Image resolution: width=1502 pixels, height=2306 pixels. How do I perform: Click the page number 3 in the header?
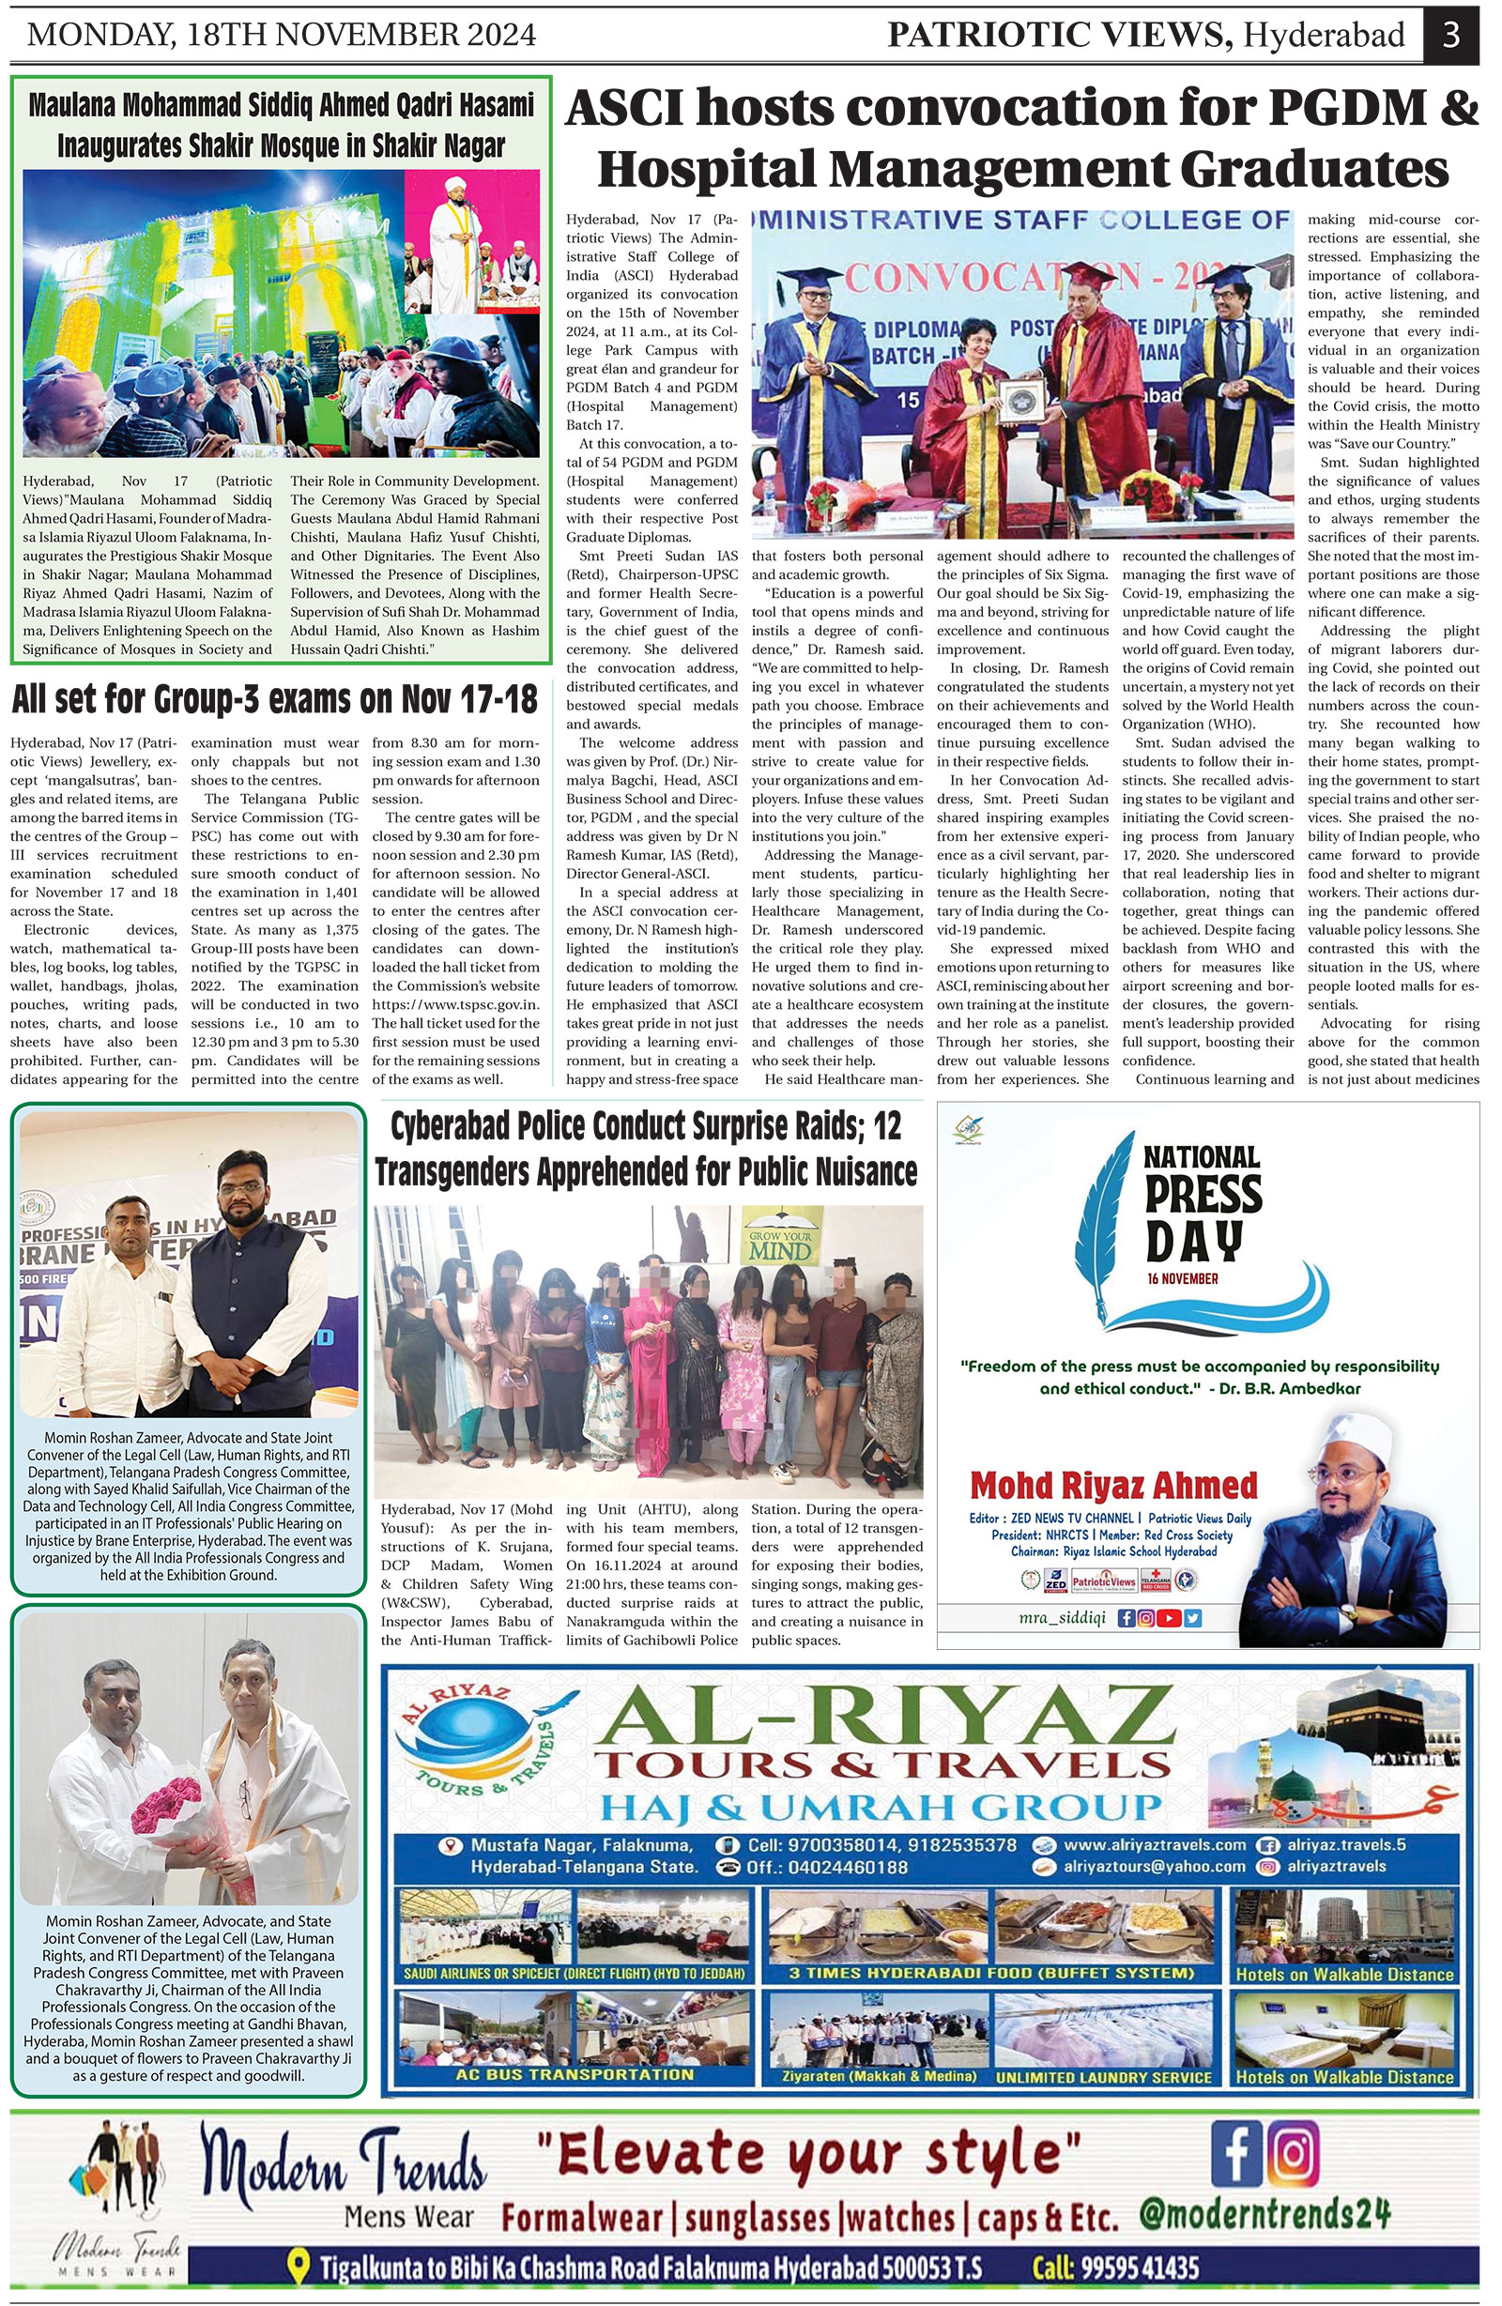pos(1450,35)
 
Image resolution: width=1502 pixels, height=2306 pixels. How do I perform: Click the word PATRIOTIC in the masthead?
pos(980,36)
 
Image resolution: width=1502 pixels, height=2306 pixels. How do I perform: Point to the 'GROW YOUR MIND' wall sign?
pos(781,1245)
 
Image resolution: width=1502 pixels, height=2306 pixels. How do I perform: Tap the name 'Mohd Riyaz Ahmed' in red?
pos(1113,1485)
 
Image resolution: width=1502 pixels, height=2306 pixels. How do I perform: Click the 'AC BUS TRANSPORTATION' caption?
pos(575,2074)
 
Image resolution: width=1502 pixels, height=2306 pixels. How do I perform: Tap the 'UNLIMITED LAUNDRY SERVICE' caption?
pos(1104,2076)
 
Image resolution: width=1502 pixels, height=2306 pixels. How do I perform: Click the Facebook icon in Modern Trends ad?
pos(1236,2152)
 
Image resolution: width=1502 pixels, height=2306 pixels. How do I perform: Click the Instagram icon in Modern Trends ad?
pos(1293,2152)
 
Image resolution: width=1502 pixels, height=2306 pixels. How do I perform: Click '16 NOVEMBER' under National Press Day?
pos(1182,1278)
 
